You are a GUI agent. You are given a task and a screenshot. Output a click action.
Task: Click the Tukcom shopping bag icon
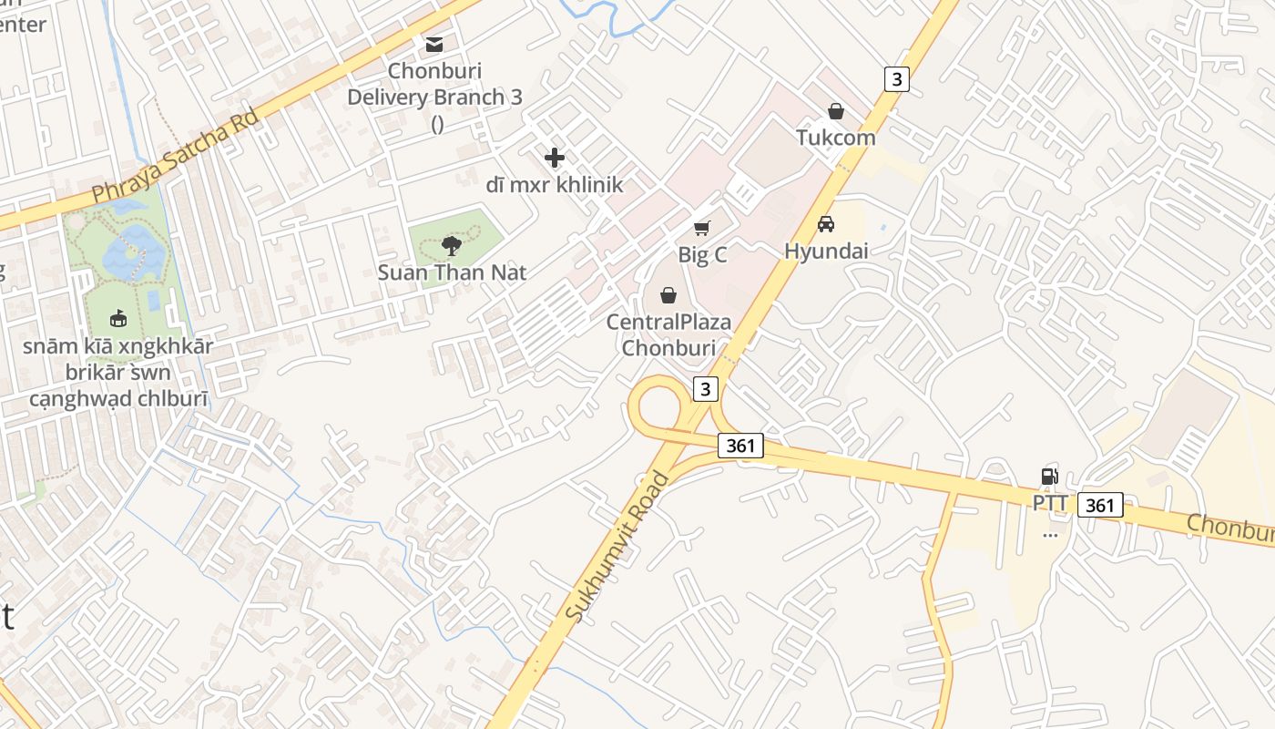click(835, 111)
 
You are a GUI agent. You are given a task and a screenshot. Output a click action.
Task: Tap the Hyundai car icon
click(826, 224)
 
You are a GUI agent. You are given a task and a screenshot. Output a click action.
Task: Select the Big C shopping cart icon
click(701, 228)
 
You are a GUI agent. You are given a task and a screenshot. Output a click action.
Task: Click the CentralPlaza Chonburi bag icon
click(668, 295)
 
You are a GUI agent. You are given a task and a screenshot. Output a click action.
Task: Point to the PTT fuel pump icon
click(1049, 476)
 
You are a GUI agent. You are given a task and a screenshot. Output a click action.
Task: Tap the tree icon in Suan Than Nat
click(451, 244)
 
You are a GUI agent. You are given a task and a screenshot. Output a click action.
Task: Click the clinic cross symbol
click(554, 158)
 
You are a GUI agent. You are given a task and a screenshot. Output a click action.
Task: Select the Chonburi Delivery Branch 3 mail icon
click(434, 44)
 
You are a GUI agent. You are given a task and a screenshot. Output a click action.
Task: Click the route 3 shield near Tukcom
click(897, 79)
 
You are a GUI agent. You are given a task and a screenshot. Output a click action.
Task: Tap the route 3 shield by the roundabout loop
click(705, 389)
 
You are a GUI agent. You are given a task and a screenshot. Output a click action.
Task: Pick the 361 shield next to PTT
click(1100, 505)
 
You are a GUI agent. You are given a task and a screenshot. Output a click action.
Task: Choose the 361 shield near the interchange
click(739, 446)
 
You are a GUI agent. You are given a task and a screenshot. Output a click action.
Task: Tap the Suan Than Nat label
click(452, 272)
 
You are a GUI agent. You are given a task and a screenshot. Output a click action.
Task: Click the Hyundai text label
click(826, 251)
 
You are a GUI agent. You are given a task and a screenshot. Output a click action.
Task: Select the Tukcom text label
click(835, 138)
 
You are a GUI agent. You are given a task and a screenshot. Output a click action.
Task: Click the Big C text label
click(702, 255)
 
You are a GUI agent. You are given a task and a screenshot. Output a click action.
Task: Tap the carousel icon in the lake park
click(117, 318)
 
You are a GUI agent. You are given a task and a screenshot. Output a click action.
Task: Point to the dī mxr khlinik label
click(554, 185)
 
